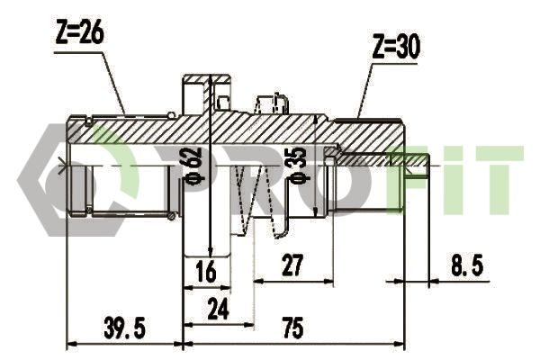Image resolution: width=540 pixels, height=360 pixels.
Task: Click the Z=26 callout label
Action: click(79, 33)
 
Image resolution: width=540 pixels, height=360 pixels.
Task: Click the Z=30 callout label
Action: click(396, 47)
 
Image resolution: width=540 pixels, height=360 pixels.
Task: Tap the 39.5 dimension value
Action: click(125, 328)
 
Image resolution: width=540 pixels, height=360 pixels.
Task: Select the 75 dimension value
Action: click(292, 328)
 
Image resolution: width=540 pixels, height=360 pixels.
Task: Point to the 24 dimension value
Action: click(218, 309)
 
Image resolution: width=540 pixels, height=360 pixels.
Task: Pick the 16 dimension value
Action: click(206, 271)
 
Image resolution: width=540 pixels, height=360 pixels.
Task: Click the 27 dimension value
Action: click(292, 265)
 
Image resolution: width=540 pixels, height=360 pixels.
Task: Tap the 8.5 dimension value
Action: click(467, 265)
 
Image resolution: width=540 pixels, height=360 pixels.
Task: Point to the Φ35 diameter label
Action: click(300, 165)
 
